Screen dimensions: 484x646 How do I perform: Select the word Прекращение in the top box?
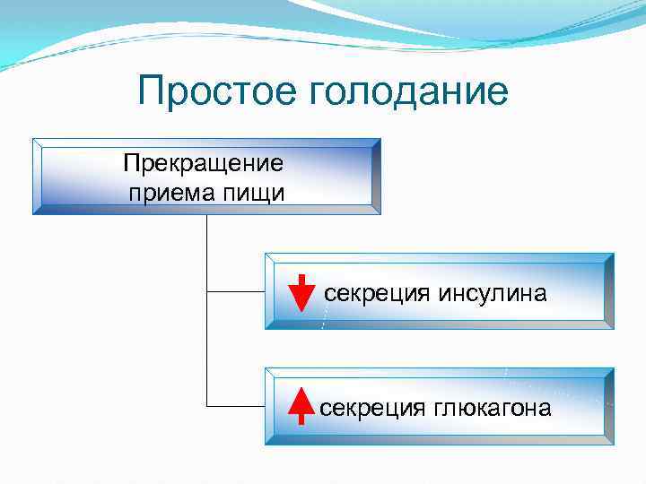(x=205, y=164)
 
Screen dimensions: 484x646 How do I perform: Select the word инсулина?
(x=493, y=293)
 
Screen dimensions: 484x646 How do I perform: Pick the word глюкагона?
(x=492, y=408)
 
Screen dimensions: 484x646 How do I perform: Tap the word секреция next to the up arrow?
(x=372, y=408)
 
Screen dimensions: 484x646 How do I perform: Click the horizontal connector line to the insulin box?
(x=235, y=291)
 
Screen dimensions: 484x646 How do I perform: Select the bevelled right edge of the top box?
(x=375, y=177)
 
